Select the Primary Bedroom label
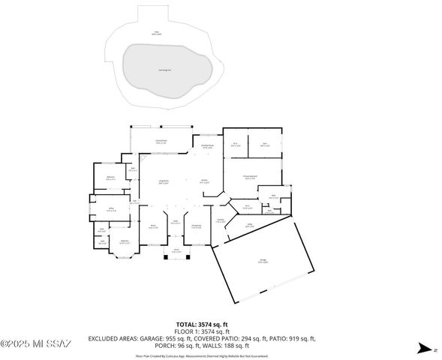coord(251,177)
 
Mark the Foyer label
coord(175,223)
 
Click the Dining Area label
coord(196,226)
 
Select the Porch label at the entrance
coord(176,251)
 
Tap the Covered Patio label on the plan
coord(161,141)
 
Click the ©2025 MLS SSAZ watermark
coord(35,344)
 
